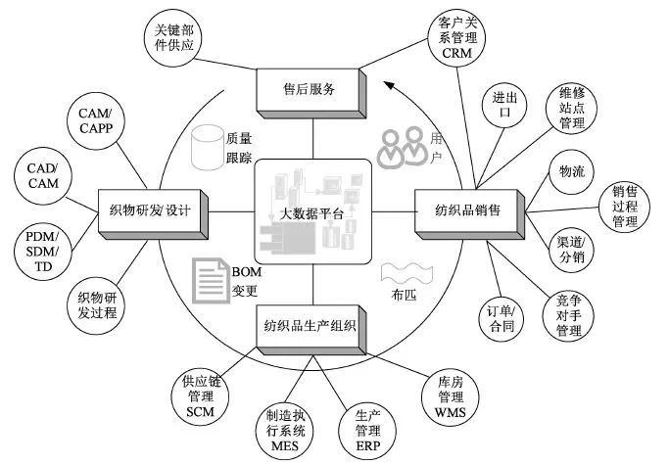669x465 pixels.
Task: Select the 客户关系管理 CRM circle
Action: tap(451, 37)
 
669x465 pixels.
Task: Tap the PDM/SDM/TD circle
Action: tap(42, 253)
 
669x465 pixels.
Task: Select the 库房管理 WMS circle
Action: tap(444, 396)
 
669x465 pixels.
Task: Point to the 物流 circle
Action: tap(571, 172)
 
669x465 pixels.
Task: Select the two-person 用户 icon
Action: tap(401, 146)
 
